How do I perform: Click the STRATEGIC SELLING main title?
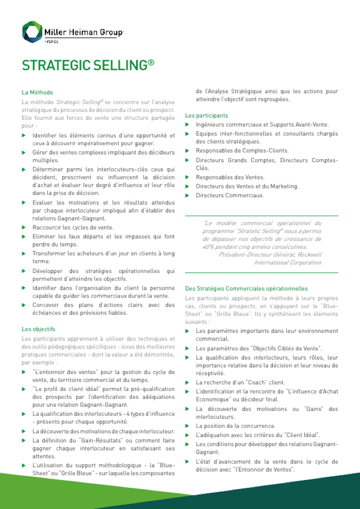point(87,65)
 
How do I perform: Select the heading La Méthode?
point(37,92)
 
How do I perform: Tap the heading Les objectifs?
point(38,329)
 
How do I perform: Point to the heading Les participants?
point(207,115)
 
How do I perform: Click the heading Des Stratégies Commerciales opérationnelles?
point(246,289)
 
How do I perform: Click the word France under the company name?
point(52,41)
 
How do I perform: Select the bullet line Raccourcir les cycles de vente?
point(73,227)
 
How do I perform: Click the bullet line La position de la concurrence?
point(236,426)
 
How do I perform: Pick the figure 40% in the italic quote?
point(209,247)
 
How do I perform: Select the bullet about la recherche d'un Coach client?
point(240,382)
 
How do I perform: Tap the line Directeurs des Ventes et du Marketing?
point(247,186)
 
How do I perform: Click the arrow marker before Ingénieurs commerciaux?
point(187,125)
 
